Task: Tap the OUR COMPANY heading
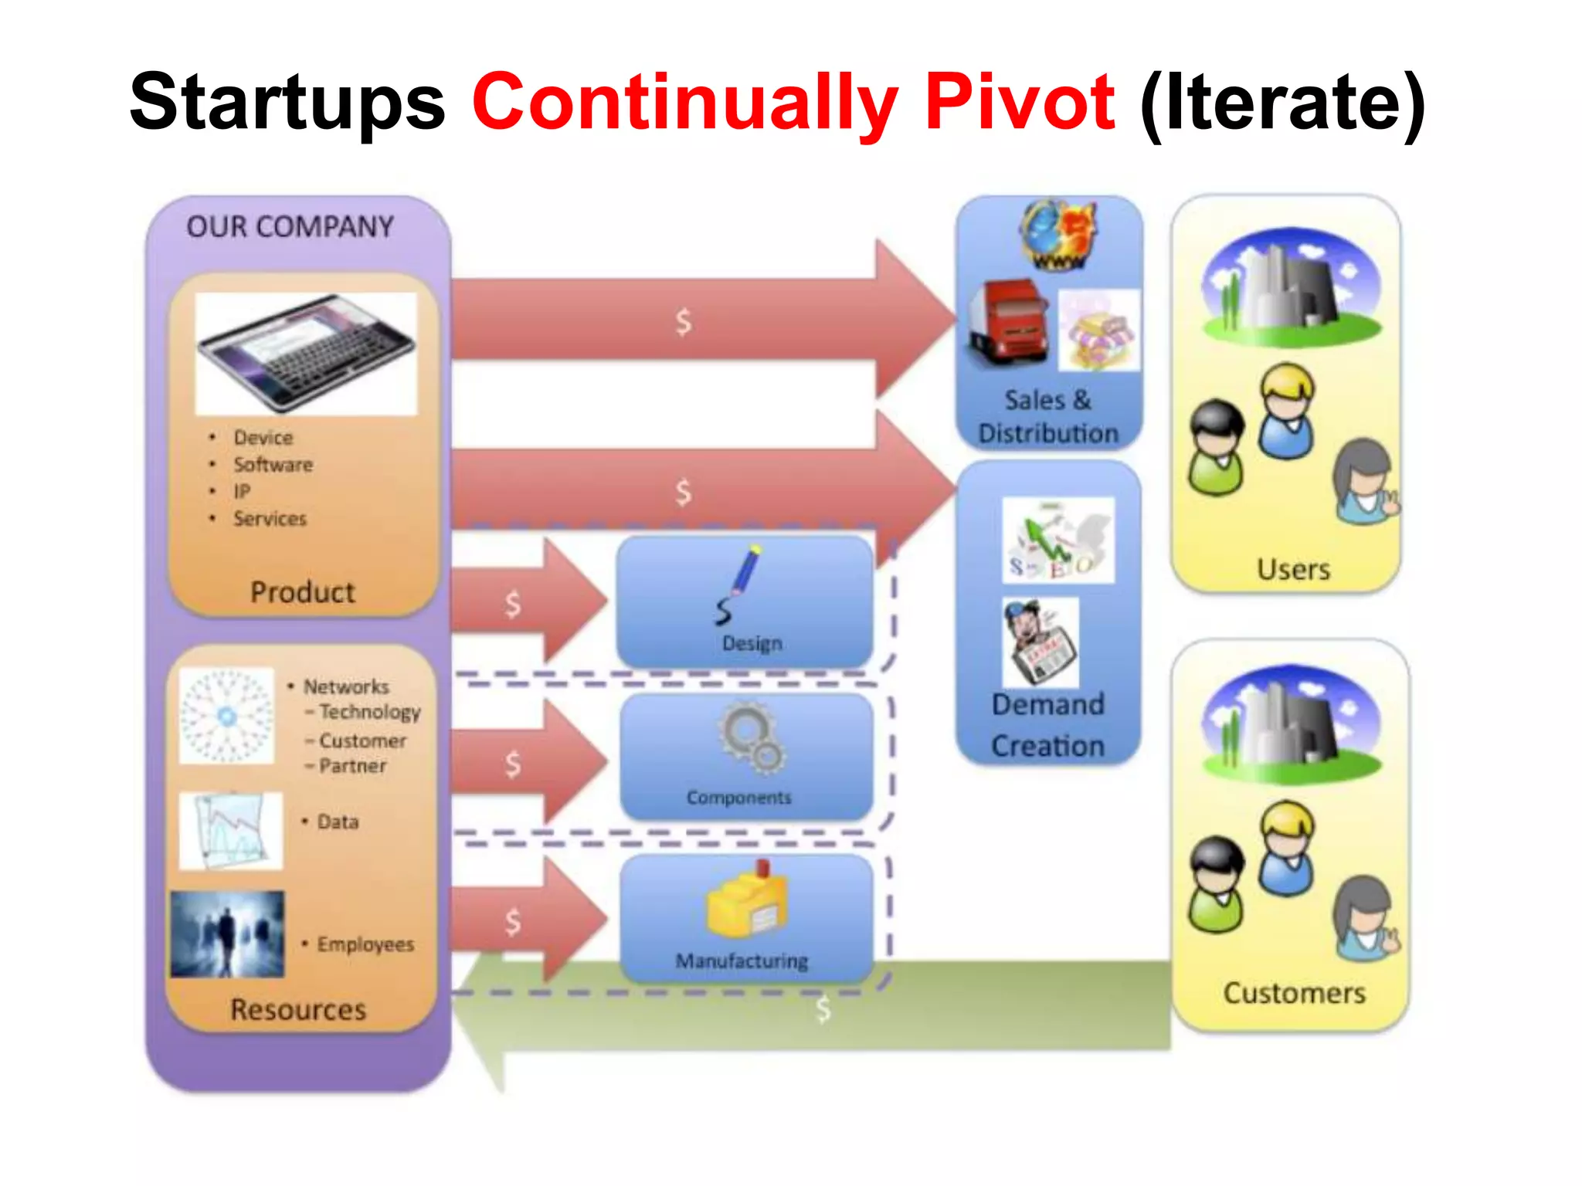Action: [290, 227]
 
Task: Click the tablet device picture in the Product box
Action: [306, 353]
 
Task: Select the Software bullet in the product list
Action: [273, 465]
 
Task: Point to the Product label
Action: [303, 592]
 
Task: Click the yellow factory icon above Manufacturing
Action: [746, 900]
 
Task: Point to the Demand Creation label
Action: [1048, 725]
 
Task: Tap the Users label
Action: [1293, 570]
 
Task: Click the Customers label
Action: [1294, 993]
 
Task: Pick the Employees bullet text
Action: [365, 944]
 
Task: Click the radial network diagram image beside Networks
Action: [226, 716]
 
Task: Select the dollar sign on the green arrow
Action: [823, 1009]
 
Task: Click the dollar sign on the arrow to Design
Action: [513, 604]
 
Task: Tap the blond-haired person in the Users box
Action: [1286, 411]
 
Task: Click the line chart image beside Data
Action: [230, 831]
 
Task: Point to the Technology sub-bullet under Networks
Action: [369, 712]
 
